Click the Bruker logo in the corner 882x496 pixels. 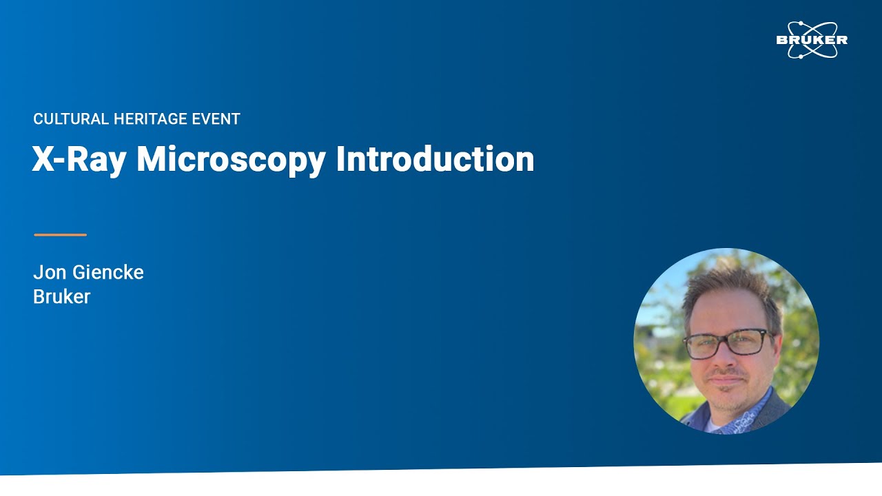tap(811, 40)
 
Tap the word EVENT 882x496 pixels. tap(216, 119)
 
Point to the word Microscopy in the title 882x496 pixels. tap(231, 159)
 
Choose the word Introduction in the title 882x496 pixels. tap(435, 159)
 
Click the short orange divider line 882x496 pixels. tap(60, 235)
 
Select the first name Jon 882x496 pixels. tap(50, 273)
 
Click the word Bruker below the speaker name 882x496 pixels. tap(61, 297)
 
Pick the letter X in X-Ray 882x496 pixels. tap(43, 159)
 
